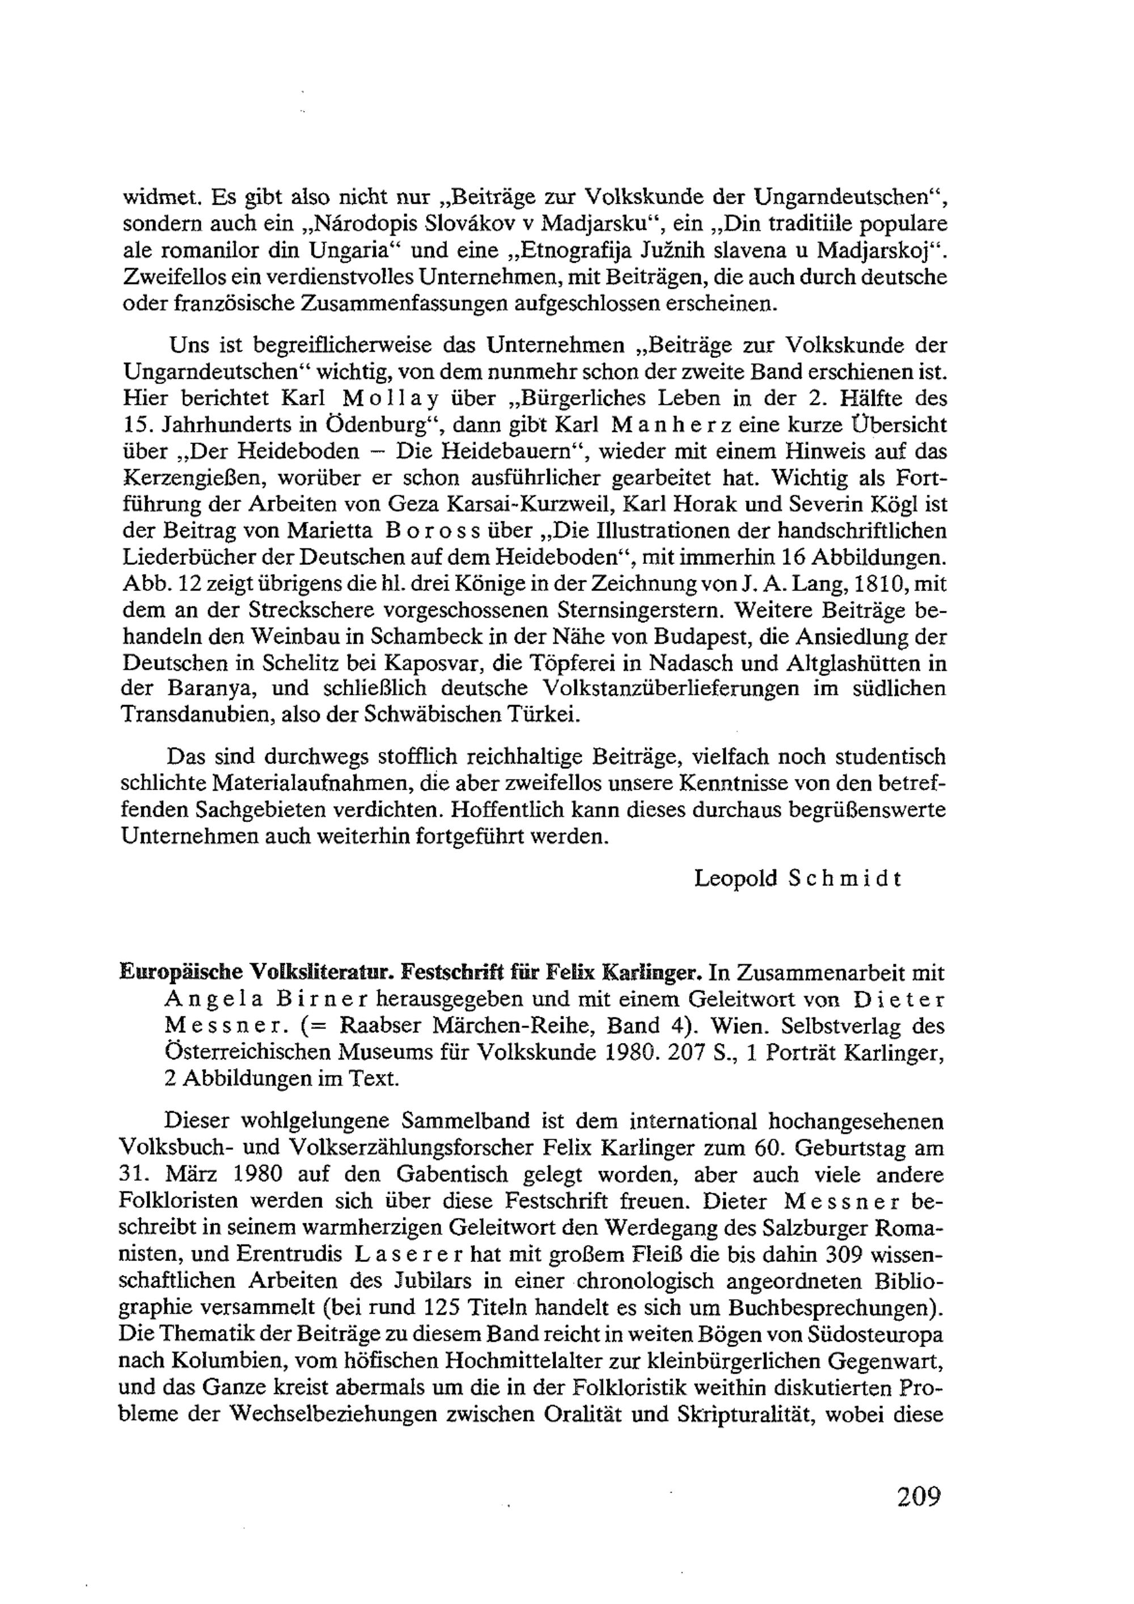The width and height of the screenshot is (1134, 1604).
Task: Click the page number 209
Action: pyautogui.click(x=919, y=1497)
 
